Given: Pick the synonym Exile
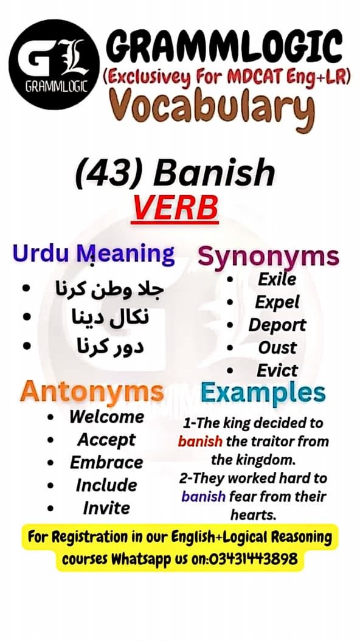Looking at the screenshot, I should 277,280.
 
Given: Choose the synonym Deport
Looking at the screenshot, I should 277,325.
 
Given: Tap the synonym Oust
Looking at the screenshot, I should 277,348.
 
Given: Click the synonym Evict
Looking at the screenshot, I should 277,370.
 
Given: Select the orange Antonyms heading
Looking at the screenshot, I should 92,392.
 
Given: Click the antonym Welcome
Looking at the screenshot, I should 106,417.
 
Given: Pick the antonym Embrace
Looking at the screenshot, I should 106,462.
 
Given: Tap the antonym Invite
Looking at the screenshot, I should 106,508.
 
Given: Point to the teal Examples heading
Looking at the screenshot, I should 263,393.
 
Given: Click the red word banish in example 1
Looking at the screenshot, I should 200,441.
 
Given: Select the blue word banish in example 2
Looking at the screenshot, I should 204,497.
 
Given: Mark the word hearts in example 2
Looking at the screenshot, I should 253,515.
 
